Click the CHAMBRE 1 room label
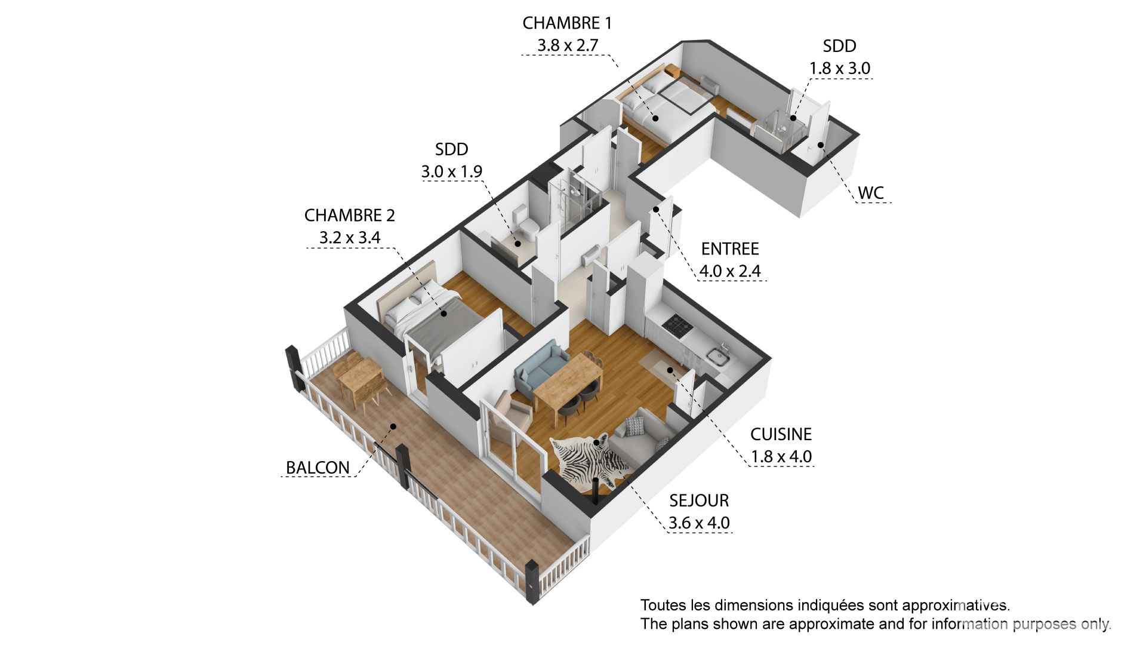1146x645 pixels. point(567,23)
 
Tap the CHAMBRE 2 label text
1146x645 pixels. point(350,215)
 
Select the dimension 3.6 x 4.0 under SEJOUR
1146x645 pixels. point(699,523)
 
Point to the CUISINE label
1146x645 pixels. point(781,434)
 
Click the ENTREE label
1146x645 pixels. point(730,248)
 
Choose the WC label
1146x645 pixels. point(871,193)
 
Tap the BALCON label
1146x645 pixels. point(318,468)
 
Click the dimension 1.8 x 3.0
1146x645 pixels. point(840,69)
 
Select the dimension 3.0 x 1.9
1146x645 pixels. point(452,172)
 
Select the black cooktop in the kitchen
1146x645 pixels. point(677,324)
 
